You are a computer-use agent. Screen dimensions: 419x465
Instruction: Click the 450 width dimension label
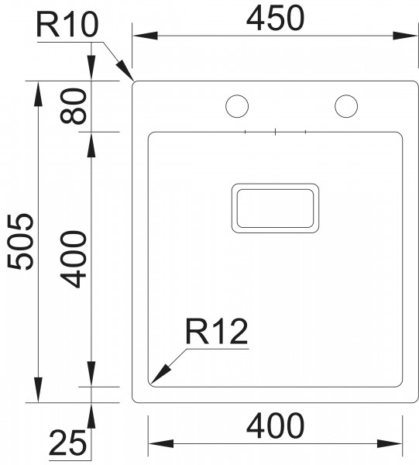(275, 19)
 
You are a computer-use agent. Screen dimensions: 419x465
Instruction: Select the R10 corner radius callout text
(67, 26)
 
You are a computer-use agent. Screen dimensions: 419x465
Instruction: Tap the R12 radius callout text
(216, 332)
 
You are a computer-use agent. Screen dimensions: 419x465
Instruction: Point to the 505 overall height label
(21, 242)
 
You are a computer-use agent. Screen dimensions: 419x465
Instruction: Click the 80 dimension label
(74, 106)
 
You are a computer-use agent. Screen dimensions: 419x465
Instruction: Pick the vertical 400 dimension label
(74, 260)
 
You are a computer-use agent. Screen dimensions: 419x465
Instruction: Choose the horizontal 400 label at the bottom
(275, 426)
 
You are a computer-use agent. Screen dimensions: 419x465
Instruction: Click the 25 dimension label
(67, 443)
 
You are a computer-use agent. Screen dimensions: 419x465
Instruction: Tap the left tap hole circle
(237, 106)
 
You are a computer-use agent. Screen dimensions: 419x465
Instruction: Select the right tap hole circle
(346, 106)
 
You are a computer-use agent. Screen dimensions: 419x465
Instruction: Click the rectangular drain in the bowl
(275, 208)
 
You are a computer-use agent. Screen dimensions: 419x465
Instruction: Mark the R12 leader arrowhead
(160, 374)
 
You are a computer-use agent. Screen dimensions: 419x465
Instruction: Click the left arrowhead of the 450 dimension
(145, 36)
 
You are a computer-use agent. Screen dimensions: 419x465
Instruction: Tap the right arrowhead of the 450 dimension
(405, 36)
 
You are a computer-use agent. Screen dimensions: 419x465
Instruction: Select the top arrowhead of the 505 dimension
(38, 94)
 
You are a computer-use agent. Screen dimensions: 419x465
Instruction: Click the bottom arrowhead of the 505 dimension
(38, 390)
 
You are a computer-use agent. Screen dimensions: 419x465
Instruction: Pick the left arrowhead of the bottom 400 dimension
(161, 444)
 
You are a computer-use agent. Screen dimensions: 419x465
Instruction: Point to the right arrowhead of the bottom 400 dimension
(390, 444)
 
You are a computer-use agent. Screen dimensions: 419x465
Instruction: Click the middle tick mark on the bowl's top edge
(275, 132)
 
